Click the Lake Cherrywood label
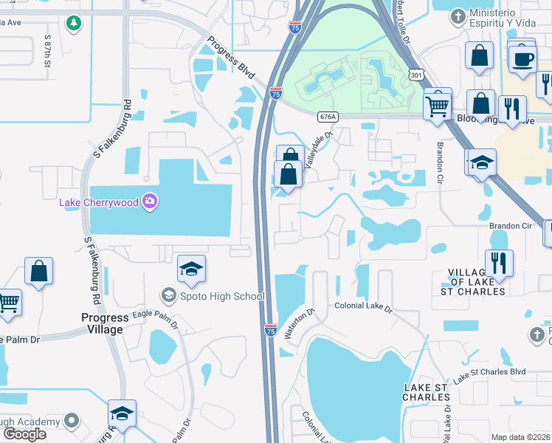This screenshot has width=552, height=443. (99, 202)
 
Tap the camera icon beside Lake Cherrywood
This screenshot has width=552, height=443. (151, 201)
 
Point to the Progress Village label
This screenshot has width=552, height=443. (103, 323)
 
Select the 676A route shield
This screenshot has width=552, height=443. (328, 117)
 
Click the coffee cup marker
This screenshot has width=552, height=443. (522, 59)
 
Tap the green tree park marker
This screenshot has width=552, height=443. (73, 24)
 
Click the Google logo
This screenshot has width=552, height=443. (24, 434)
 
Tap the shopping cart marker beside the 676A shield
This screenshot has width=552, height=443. (437, 106)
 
